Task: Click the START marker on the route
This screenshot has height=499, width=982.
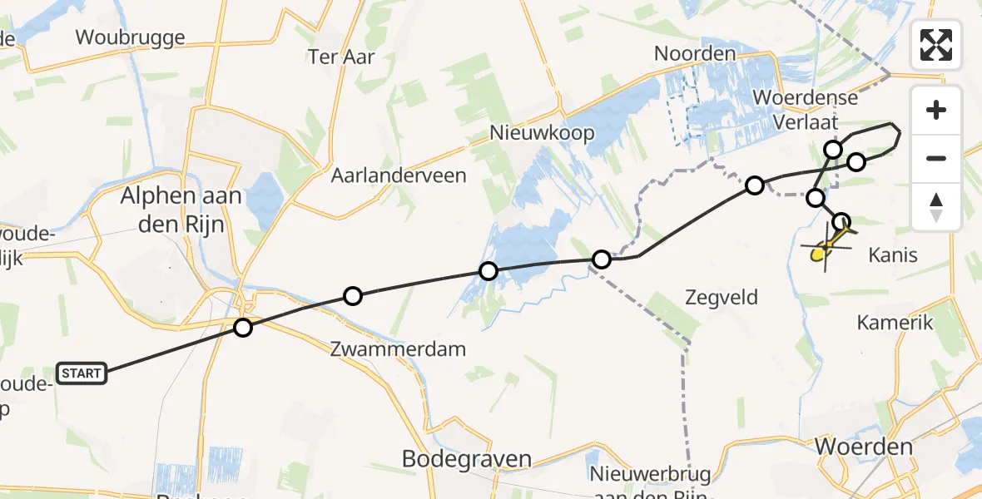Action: [81, 373]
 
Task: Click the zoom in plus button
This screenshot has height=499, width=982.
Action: [936, 110]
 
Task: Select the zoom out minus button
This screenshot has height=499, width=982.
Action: [936, 158]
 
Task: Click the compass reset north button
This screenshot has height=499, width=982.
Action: [936, 206]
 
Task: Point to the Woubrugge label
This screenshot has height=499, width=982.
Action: [130, 37]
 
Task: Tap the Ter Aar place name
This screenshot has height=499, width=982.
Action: [341, 57]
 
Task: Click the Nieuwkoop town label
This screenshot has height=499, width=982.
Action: [542, 133]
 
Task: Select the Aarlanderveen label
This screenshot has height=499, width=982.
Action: [399, 175]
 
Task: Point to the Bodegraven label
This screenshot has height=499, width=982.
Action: [467, 458]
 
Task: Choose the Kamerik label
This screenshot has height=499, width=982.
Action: [895, 323]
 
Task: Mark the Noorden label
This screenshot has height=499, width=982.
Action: [695, 54]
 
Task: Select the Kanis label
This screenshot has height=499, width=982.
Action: [892, 254]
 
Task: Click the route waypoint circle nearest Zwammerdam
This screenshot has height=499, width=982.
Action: [353, 296]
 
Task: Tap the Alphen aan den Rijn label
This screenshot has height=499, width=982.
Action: [181, 210]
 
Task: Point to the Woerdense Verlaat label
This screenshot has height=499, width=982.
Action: [804, 110]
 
